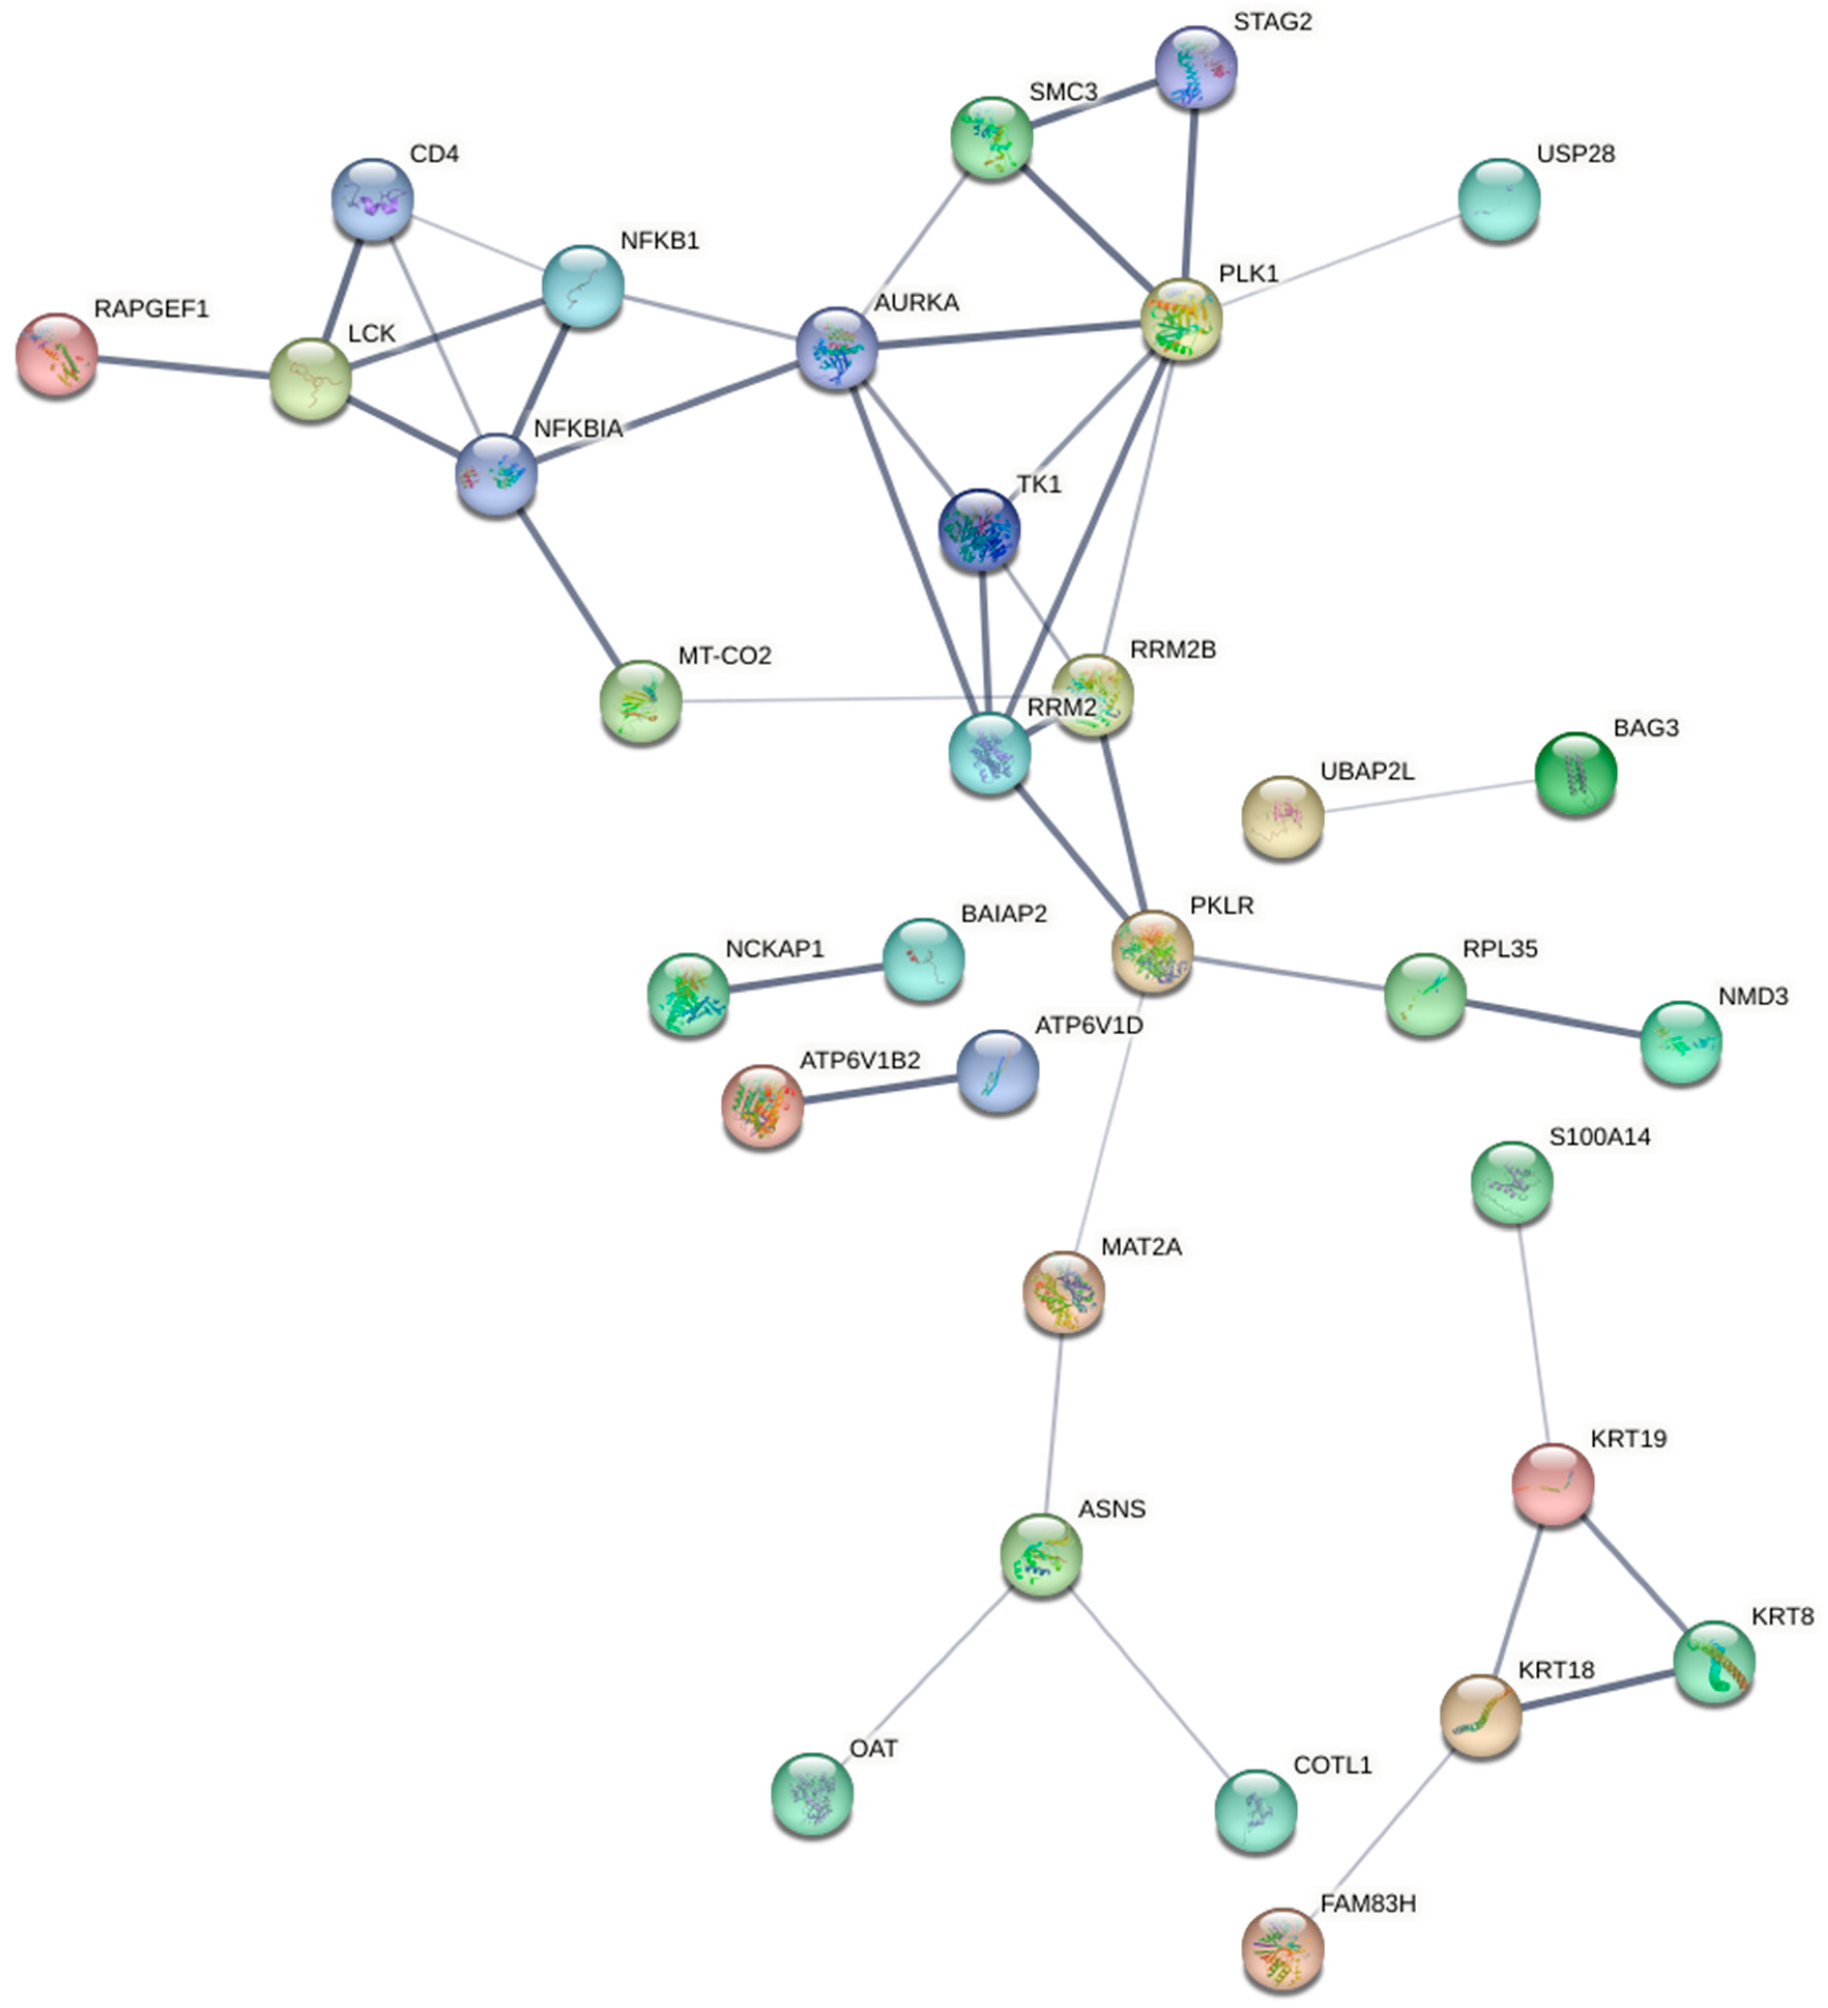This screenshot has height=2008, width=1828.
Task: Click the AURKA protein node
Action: click(x=837, y=349)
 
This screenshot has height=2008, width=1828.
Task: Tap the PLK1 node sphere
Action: click(x=1181, y=320)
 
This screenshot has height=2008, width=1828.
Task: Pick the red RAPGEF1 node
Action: click(x=57, y=355)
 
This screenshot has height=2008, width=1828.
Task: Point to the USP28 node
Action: click(x=1499, y=199)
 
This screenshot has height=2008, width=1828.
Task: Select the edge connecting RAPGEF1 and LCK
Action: click(x=184, y=367)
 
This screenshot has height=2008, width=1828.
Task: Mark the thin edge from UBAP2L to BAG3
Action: click(x=1429, y=795)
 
